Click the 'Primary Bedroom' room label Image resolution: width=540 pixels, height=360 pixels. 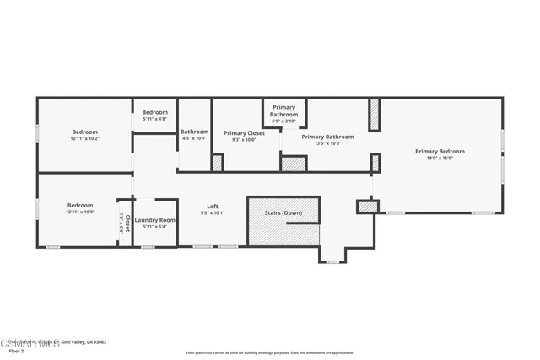click(439, 151)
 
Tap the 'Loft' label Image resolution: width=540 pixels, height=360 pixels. click(213, 207)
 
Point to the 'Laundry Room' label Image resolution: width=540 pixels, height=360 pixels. click(155, 220)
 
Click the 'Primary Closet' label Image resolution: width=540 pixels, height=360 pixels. click(244, 132)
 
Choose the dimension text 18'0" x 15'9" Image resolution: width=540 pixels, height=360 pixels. click(439, 158)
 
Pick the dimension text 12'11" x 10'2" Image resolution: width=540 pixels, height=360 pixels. click(84, 138)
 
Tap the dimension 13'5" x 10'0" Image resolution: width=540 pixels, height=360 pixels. click(327, 143)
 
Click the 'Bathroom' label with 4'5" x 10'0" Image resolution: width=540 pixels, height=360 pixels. click(194, 132)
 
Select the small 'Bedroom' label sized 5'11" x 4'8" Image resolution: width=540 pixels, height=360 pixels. click(154, 113)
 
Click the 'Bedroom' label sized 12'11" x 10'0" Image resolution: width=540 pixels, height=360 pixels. click(80, 206)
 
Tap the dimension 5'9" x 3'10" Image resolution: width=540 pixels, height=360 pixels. click(283, 121)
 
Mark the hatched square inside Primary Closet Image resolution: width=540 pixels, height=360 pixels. click(217, 162)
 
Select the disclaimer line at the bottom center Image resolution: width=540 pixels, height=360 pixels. click(269, 352)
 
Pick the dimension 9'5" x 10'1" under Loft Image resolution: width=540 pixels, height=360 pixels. click(213, 213)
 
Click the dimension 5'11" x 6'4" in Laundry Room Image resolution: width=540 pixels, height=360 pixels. click(155, 227)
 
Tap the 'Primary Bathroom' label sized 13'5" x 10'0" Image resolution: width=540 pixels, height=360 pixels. click(327, 137)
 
